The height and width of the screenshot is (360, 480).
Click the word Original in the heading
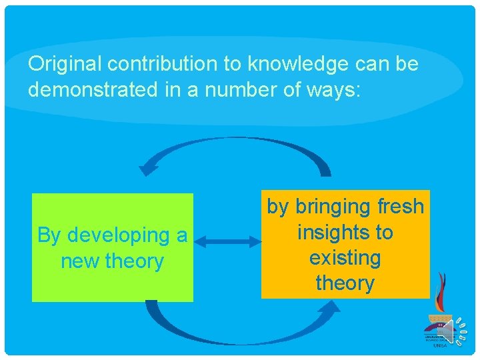tap(65, 65)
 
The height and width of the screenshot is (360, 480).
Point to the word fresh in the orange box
tap(399, 207)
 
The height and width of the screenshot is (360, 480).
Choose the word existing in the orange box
tap(345, 258)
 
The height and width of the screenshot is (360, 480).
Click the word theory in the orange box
tap(345, 283)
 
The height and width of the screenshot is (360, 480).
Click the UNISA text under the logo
tap(440, 346)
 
